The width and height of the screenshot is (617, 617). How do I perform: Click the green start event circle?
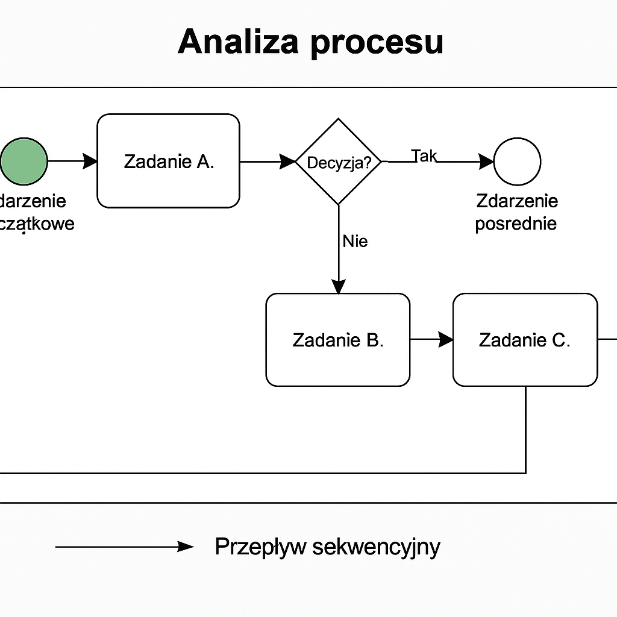click(23, 161)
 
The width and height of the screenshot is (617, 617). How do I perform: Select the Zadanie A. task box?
click(169, 161)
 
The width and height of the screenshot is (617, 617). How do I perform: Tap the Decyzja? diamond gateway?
click(339, 161)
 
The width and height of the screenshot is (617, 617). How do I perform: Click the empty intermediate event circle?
click(517, 161)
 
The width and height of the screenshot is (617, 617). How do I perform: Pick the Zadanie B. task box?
click(338, 340)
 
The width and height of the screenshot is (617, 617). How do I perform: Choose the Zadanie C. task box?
click(525, 340)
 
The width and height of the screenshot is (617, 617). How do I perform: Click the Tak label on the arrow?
click(424, 156)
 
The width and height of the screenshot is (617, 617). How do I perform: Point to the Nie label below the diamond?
click(355, 241)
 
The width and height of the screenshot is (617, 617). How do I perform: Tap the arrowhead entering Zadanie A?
click(90, 161)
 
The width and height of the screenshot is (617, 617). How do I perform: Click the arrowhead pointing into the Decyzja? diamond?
click(288, 161)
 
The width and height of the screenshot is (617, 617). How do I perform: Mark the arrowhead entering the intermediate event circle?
click(486, 161)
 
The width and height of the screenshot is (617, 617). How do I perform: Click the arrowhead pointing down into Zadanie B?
click(339, 286)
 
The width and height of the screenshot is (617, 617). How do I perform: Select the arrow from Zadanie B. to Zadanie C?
click(431, 340)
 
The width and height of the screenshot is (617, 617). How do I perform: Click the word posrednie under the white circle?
click(516, 224)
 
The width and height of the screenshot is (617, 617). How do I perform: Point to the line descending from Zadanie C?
click(526, 428)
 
